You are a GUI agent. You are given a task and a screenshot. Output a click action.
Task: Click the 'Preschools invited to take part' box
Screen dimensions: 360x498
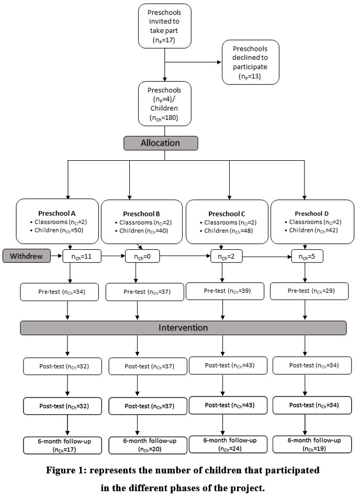[164, 26]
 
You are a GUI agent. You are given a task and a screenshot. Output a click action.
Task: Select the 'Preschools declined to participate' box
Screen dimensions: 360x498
[251, 62]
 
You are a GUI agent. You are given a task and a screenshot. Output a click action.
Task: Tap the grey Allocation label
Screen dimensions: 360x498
[161, 143]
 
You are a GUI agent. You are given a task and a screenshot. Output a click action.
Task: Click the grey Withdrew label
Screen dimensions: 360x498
[27, 256]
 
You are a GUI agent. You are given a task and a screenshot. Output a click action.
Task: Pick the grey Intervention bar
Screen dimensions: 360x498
[183, 328]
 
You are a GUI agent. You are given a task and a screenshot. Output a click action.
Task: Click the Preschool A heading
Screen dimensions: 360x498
[57, 214]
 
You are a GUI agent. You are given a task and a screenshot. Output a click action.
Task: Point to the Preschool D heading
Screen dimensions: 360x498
[312, 214]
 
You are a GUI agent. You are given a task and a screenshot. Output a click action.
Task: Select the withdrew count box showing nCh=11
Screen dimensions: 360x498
[82, 256]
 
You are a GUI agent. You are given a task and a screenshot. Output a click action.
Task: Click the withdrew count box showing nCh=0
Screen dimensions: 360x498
[142, 256]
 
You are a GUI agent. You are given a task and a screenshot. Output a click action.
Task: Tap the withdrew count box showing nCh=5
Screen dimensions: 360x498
[307, 256]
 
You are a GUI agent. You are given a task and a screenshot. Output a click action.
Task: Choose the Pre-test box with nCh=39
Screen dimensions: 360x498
[225, 291]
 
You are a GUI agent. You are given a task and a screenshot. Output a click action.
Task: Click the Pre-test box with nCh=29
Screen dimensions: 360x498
[309, 291]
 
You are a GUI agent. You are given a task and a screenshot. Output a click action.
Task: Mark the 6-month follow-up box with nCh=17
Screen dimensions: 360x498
[63, 445]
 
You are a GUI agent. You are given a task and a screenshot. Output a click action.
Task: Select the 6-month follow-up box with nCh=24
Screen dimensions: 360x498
[228, 445]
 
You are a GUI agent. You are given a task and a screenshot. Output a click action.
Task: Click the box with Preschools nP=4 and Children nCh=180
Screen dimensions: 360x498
[164, 104]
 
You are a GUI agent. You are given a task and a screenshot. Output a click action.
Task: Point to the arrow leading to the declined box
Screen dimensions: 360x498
[193, 62]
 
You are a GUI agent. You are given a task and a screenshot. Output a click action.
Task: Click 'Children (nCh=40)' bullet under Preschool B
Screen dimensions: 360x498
[142, 231]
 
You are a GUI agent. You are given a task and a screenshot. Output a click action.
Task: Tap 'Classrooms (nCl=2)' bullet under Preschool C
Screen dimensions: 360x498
[228, 223]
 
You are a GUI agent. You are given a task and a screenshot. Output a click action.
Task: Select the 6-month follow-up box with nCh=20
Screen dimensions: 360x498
[148, 445]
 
